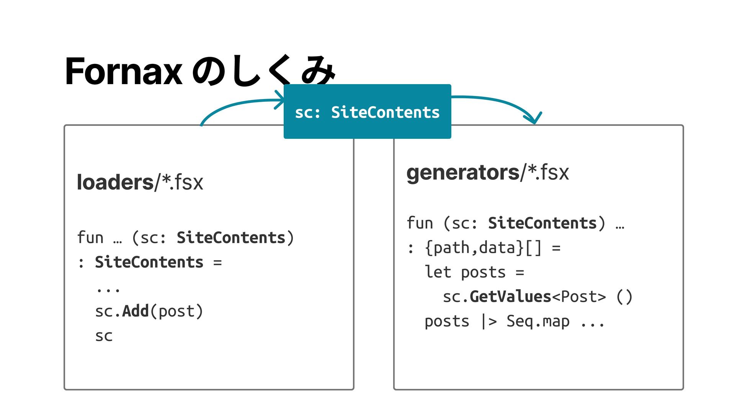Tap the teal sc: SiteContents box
[x=367, y=112]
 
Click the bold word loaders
[x=115, y=182]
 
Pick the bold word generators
[x=463, y=172]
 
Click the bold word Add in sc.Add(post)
[x=135, y=311]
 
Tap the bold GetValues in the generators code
[x=510, y=297]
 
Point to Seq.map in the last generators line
[x=538, y=321]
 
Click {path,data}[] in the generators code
[x=483, y=248]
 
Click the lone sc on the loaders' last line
[x=104, y=336]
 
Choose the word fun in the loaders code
[x=90, y=237]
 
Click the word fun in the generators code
[x=420, y=223]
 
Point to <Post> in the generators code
[x=579, y=297]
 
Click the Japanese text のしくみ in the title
[x=264, y=71]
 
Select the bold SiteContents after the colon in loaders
[x=149, y=262]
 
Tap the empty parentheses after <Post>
[x=624, y=297]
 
